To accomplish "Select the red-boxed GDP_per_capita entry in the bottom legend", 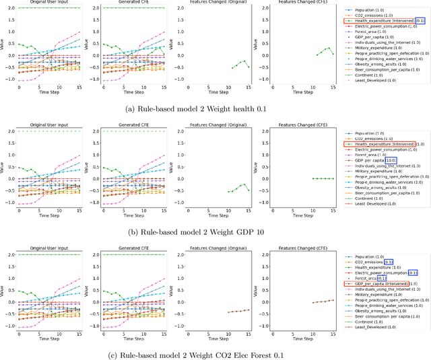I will point(380,284).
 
